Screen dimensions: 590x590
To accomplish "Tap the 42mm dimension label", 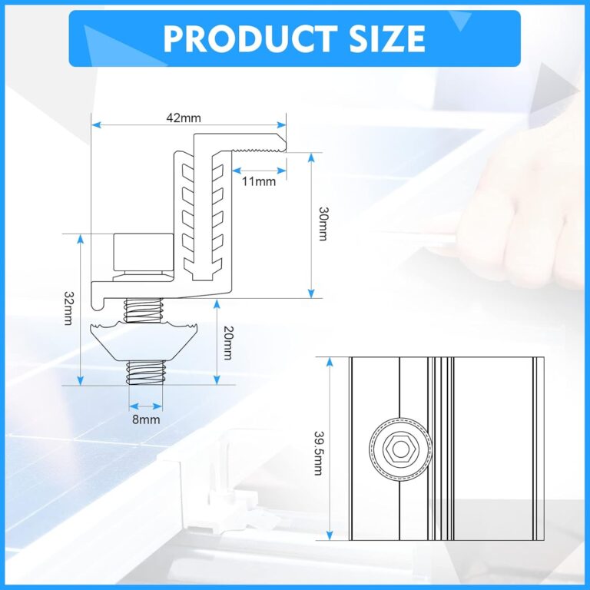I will (184, 118).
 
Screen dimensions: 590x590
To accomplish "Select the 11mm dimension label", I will (258, 181).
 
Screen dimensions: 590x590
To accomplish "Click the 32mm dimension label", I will (68, 307).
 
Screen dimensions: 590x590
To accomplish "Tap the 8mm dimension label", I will (145, 419).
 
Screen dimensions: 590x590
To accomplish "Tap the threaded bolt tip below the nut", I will (144, 373).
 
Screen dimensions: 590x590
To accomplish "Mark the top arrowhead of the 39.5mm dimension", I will (329, 361).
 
